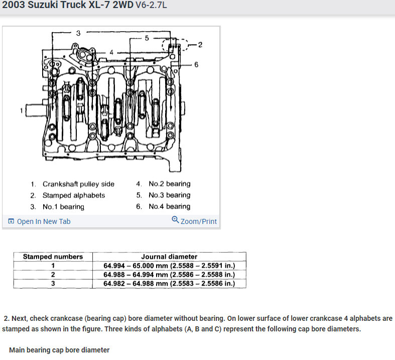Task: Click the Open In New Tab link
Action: pyautogui.click(x=40, y=221)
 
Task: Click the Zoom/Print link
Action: pyautogui.click(x=195, y=221)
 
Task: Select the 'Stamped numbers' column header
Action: pyautogui.click(x=53, y=257)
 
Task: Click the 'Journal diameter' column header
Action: pyautogui.click(x=169, y=257)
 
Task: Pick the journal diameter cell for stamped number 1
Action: pyautogui.click(x=169, y=266)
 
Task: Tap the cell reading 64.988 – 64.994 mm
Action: pyautogui.click(x=169, y=275)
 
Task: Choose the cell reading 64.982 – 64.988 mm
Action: pyautogui.click(x=169, y=284)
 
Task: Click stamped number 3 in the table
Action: pyautogui.click(x=53, y=284)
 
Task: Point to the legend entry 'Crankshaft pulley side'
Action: pyautogui.click(x=78, y=184)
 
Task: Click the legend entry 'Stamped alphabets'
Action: pyautogui.click(x=73, y=195)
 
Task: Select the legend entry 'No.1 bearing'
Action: pyautogui.click(x=63, y=207)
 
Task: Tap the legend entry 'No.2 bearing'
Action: pyautogui.click(x=169, y=184)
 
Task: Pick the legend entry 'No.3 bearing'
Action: pyautogui.click(x=169, y=195)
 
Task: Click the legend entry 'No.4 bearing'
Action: pyautogui.click(x=169, y=206)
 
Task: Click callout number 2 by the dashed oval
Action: pyautogui.click(x=200, y=45)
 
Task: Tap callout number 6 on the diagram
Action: pyautogui.click(x=196, y=65)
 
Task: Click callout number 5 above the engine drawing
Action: pyautogui.click(x=147, y=38)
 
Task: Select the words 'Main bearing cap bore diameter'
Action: pyautogui.click(x=59, y=350)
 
